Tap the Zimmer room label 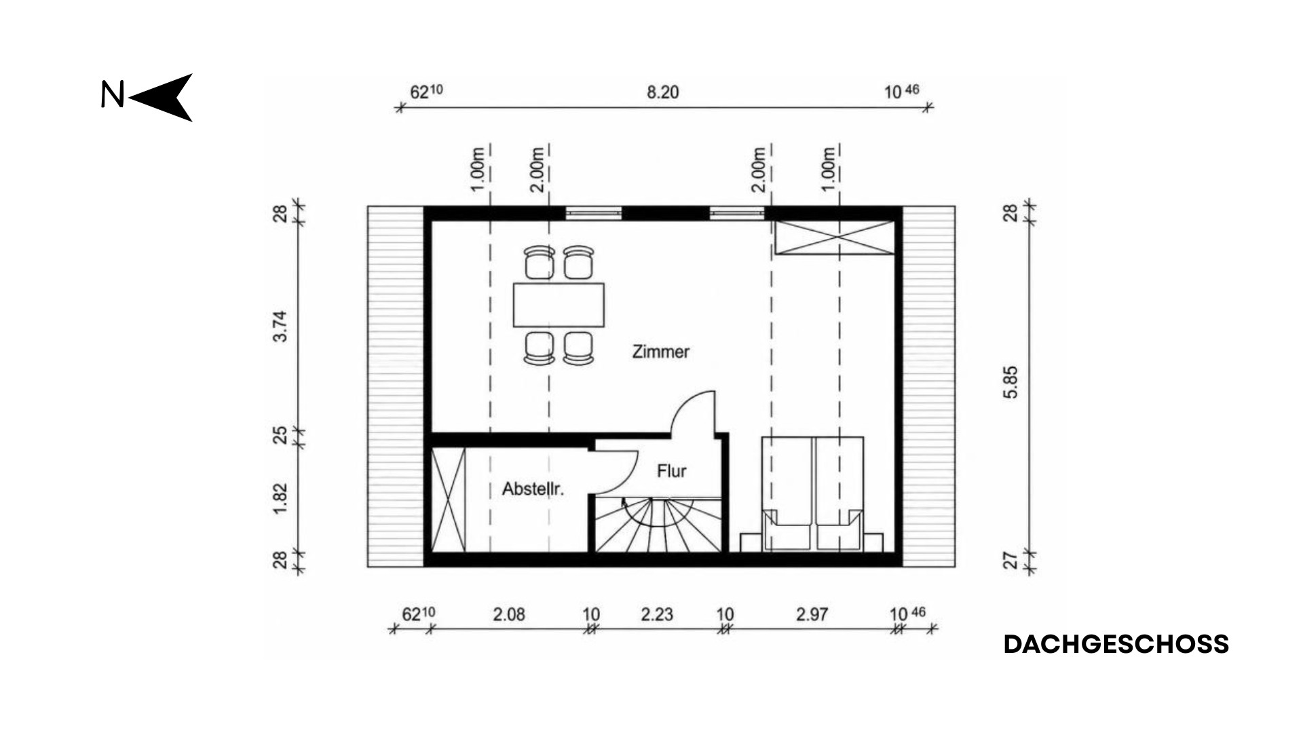pos(660,352)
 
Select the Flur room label pos(671,471)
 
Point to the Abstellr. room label pos(533,489)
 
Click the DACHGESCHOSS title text pos(1116,644)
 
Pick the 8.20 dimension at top pos(662,92)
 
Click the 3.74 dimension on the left pos(280,326)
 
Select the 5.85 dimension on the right pos(1011,382)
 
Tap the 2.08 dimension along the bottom pos(509,614)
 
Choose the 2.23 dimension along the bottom pos(657,614)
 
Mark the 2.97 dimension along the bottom pos(812,614)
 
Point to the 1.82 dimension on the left pos(280,499)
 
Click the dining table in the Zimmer pos(559,305)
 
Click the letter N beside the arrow pos(113,95)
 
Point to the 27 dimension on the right pos(1011,561)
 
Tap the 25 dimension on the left pos(280,434)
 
